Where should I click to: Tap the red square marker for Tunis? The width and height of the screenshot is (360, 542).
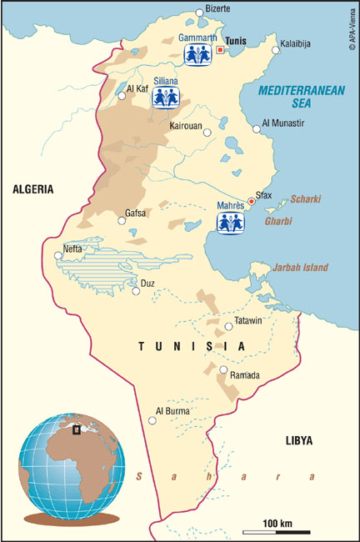click(220, 50)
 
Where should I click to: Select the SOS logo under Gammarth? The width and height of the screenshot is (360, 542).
click(197, 54)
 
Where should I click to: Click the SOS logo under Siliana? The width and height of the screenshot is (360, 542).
click(165, 97)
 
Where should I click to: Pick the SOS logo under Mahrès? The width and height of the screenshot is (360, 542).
click(230, 222)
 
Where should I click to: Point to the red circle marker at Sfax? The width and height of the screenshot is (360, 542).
click(251, 201)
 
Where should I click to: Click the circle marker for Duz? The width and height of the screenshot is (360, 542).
click(137, 292)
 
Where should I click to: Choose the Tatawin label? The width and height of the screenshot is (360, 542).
click(251, 321)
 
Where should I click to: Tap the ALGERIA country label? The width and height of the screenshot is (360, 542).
click(33, 189)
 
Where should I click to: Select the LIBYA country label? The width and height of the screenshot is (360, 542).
click(299, 439)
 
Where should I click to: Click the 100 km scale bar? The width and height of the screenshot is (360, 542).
click(277, 531)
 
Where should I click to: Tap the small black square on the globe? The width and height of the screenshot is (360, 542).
click(77, 430)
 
